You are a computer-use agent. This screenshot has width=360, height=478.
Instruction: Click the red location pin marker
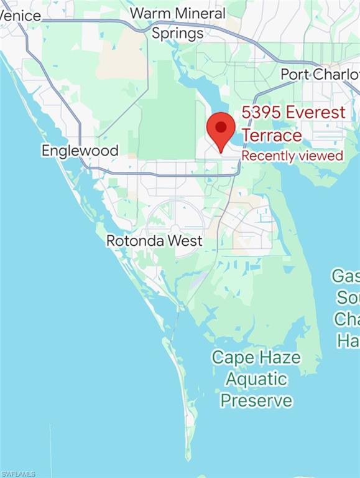(x=221, y=130)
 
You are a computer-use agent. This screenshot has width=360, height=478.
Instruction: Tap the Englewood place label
(x=80, y=151)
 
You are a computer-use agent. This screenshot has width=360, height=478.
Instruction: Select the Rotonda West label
(x=154, y=240)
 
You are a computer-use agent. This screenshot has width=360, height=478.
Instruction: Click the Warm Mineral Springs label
(x=178, y=23)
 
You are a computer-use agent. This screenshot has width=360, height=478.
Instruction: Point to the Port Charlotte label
(x=320, y=75)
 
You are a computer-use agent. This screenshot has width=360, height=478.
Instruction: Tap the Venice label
(x=21, y=16)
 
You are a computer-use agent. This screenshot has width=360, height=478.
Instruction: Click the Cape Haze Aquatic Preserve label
(x=256, y=378)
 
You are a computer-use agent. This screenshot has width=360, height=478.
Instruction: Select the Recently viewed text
(x=292, y=156)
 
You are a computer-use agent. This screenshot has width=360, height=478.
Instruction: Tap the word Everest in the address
(x=320, y=113)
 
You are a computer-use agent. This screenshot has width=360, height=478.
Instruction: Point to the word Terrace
(x=272, y=135)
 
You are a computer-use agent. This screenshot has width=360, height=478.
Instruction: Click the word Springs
(x=178, y=33)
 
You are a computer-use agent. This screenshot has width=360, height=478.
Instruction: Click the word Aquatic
(x=256, y=378)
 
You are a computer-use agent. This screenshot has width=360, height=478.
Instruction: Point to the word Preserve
(x=256, y=400)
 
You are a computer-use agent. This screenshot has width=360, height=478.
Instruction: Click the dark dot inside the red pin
(x=221, y=126)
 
